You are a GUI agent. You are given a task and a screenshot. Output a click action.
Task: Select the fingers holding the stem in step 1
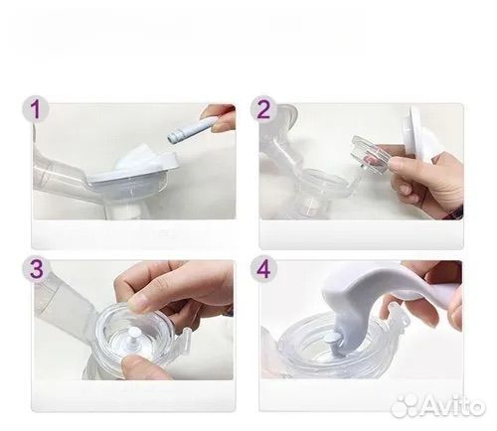click(x=221, y=119)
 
